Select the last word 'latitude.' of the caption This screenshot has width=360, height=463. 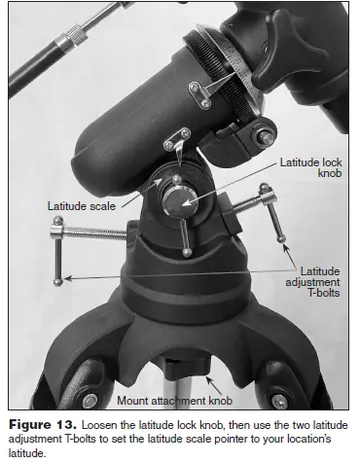[26, 451]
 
